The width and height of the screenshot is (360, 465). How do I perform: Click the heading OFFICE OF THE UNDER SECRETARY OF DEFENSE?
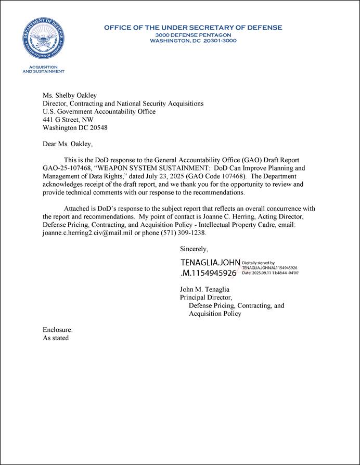pyautogui.click(x=193, y=28)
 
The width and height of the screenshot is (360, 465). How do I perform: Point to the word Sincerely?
pyautogui.click(x=194, y=249)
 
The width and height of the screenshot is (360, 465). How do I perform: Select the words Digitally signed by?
pyautogui.click(x=259, y=263)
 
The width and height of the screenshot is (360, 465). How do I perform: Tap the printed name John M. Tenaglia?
pyautogui.click(x=204, y=289)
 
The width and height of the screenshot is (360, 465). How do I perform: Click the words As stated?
pyautogui.click(x=56, y=338)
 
